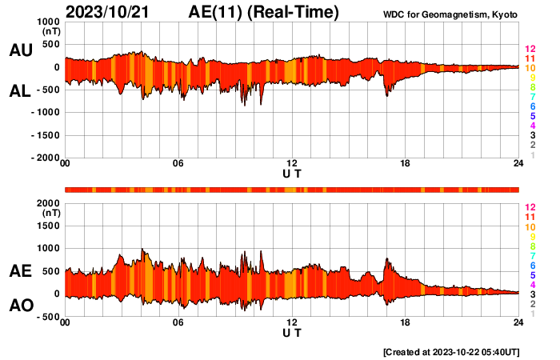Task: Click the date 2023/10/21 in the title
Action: pyautogui.click(x=107, y=12)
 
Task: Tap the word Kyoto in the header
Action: pyautogui.click(x=504, y=15)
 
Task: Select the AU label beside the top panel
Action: pyautogui.click(x=21, y=50)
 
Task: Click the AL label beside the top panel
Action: pyautogui.click(x=20, y=91)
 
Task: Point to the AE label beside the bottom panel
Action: pyautogui.click(x=20, y=271)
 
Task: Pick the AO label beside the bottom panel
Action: pyautogui.click(x=22, y=306)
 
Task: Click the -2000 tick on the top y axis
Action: pyautogui.click(x=46, y=158)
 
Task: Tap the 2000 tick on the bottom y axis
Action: pyautogui.click(x=49, y=203)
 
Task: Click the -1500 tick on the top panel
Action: pyautogui.click(x=46, y=135)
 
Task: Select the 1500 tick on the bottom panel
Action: pyautogui.click(x=49, y=226)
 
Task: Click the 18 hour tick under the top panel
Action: pyautogui.click(x=405, y=163)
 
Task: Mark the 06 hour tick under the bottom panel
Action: pyautogui.click(x=178, y=322)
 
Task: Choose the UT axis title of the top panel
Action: pyautogui.click(x=292, y=174)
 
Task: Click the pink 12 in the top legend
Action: pyautogui.click(x=530, y=49)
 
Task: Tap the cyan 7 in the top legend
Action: pyautogui.click(x=533, y=97)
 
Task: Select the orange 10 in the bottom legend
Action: pyautogui.click(x=530, y=227)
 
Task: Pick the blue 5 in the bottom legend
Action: pyautogui.click(x=533, y=275)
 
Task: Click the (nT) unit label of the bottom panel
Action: pyautogui.click(x=52, y=214)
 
